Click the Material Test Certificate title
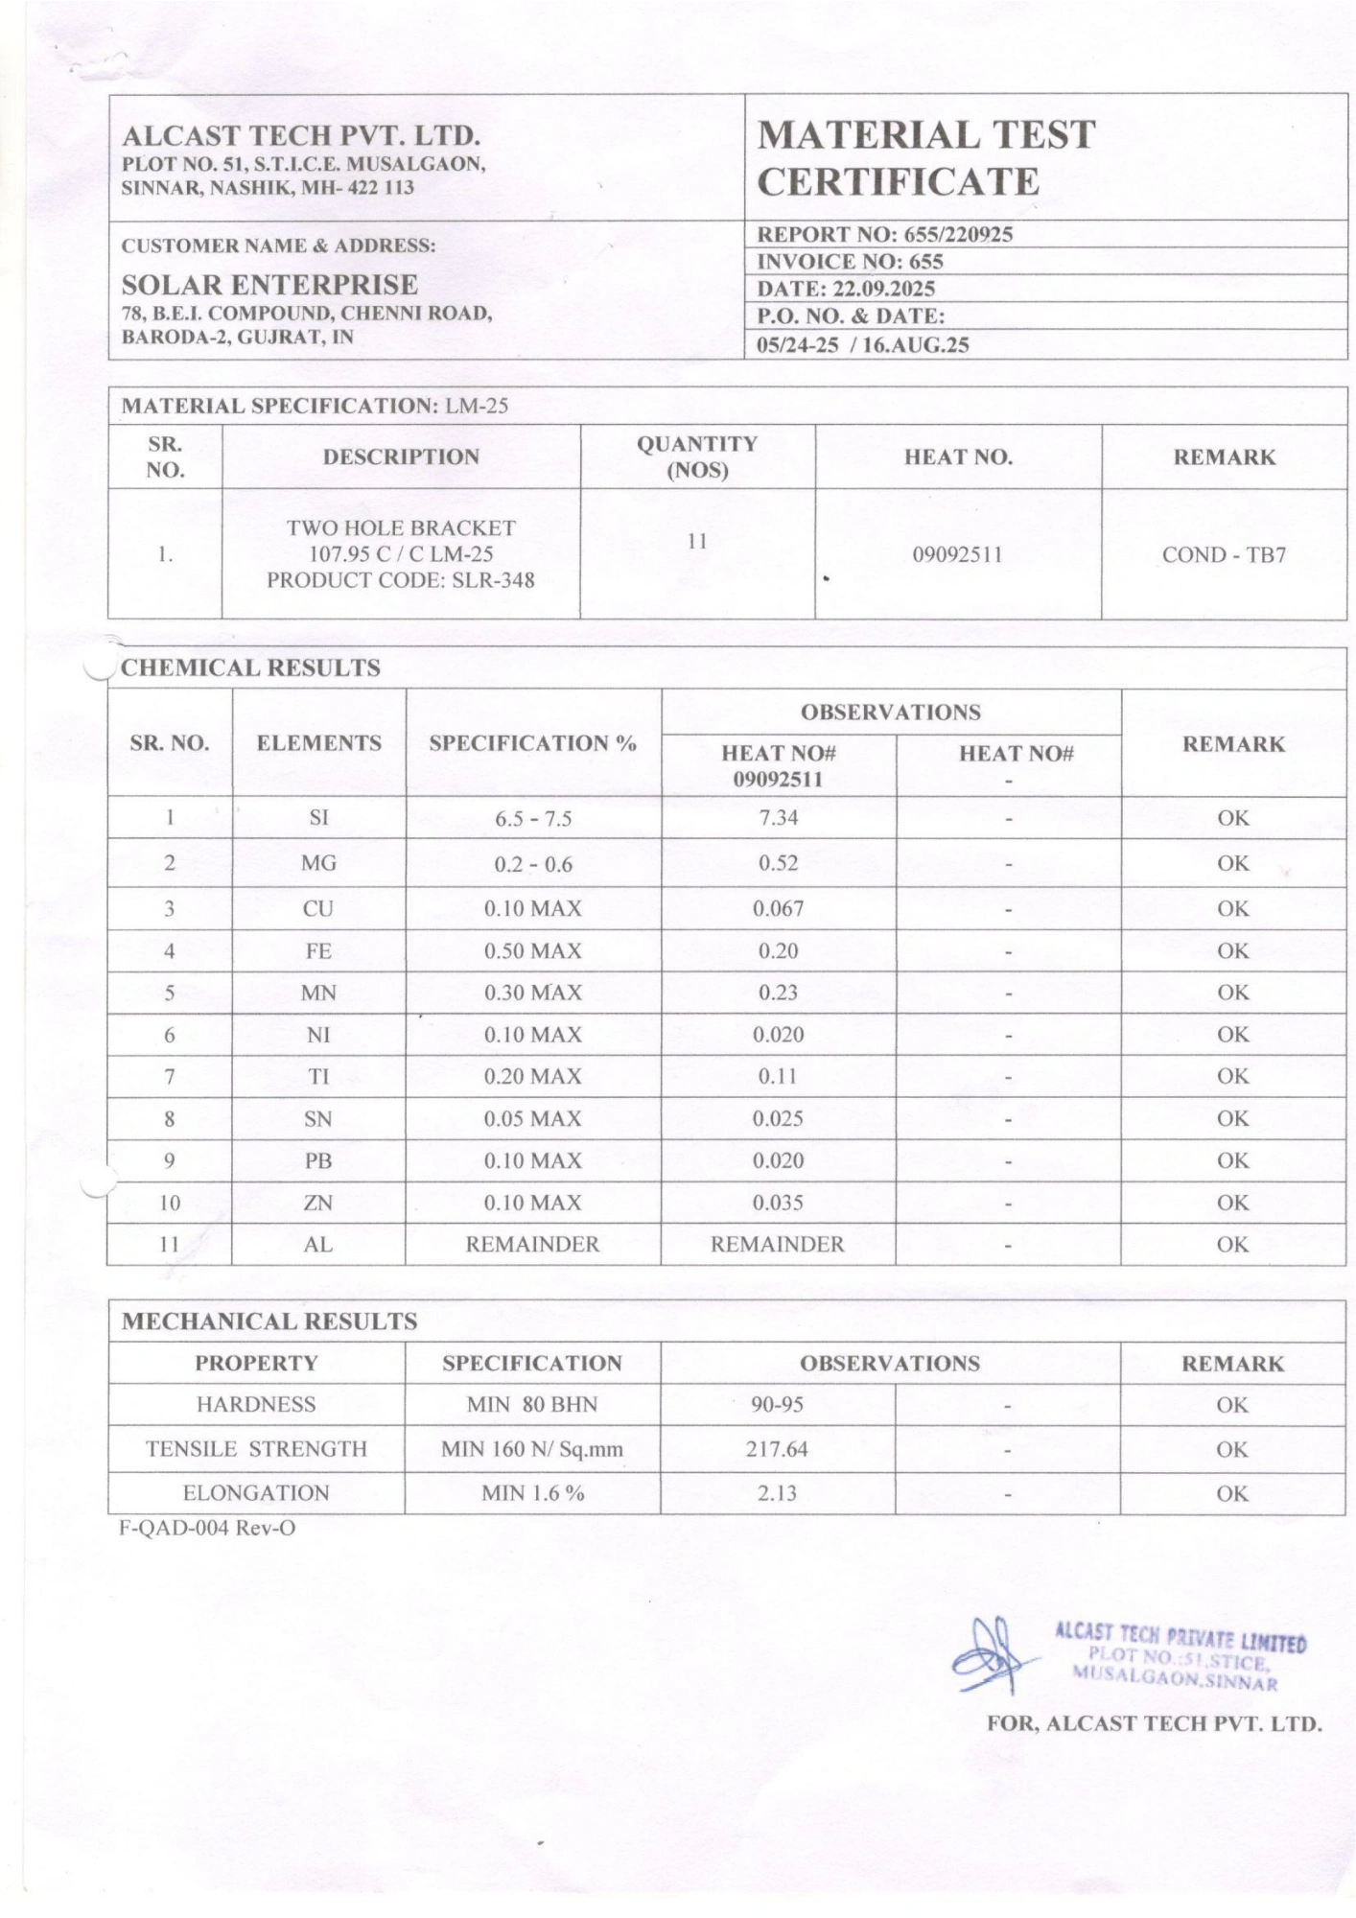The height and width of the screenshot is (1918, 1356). (925, 158)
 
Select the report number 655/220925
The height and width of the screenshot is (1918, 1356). (957, 235)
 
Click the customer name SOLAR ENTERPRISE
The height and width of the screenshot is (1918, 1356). (269, 285)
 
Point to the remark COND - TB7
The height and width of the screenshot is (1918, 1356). (1224, 555)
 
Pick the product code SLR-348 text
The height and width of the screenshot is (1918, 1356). (400, 580)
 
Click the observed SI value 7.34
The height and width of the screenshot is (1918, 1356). (778, 818)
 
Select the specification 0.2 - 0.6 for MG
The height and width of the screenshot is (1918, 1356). (533, 864)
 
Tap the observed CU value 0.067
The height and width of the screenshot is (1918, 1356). (778, 908)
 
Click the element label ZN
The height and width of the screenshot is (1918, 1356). (318, 1203)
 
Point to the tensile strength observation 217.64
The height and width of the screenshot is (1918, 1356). (777, 1449)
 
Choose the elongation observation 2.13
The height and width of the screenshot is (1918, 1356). (777, 1493)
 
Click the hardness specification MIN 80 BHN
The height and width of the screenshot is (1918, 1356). (532, 1405)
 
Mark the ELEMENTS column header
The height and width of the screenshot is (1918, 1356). (318, 743)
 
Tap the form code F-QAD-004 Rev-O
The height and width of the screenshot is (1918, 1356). (207, 1529)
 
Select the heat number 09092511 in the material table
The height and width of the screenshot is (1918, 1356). (957, 554)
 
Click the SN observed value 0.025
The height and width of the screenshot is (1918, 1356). (778, 1118)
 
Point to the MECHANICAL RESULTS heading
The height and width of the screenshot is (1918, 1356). (269, 1322)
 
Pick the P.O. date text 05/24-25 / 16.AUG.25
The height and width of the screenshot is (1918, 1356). (863, 345)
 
